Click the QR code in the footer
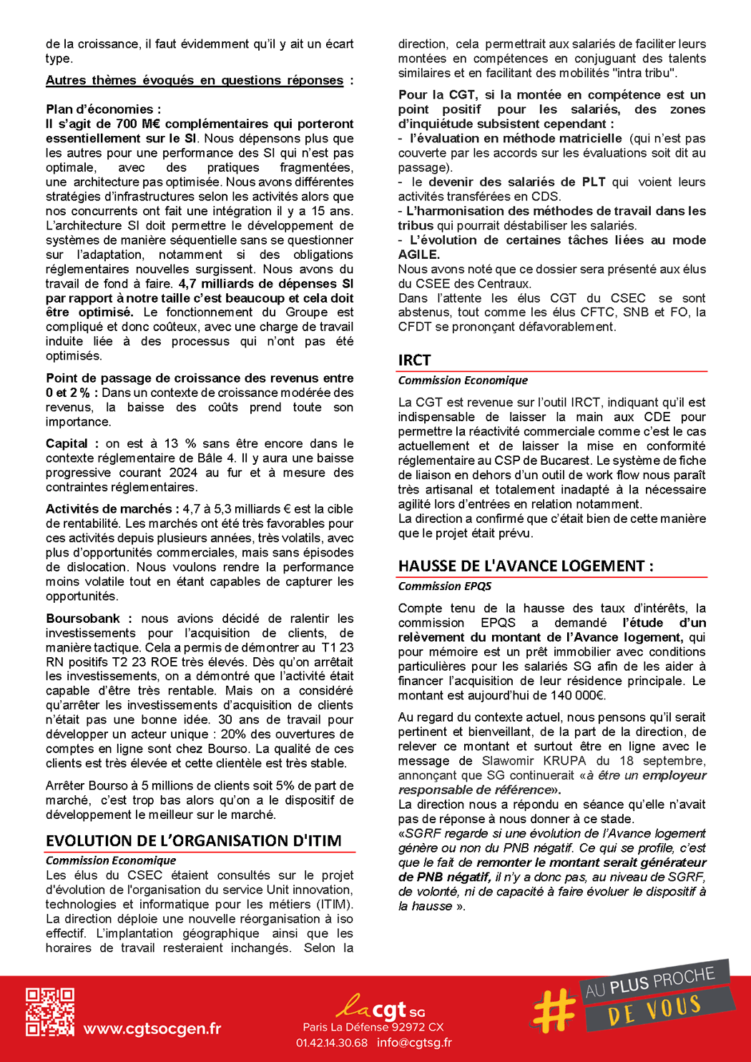(50, 1012)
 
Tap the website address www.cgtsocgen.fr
(152, 1029)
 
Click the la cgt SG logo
(380, 1008)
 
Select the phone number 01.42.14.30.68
(332, 1043)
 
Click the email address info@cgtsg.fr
(415, 1043)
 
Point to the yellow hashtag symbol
(554, 1010)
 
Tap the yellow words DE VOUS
(654, 1010)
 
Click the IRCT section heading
(415, 360)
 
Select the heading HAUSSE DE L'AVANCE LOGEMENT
(526, 566)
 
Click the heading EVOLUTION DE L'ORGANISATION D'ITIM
(194, 841)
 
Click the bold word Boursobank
(83, 619)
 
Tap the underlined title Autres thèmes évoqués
(195, 81)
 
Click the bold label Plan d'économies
(103, 109)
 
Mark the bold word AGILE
(419, 255)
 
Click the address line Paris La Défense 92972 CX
(373, 1028)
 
